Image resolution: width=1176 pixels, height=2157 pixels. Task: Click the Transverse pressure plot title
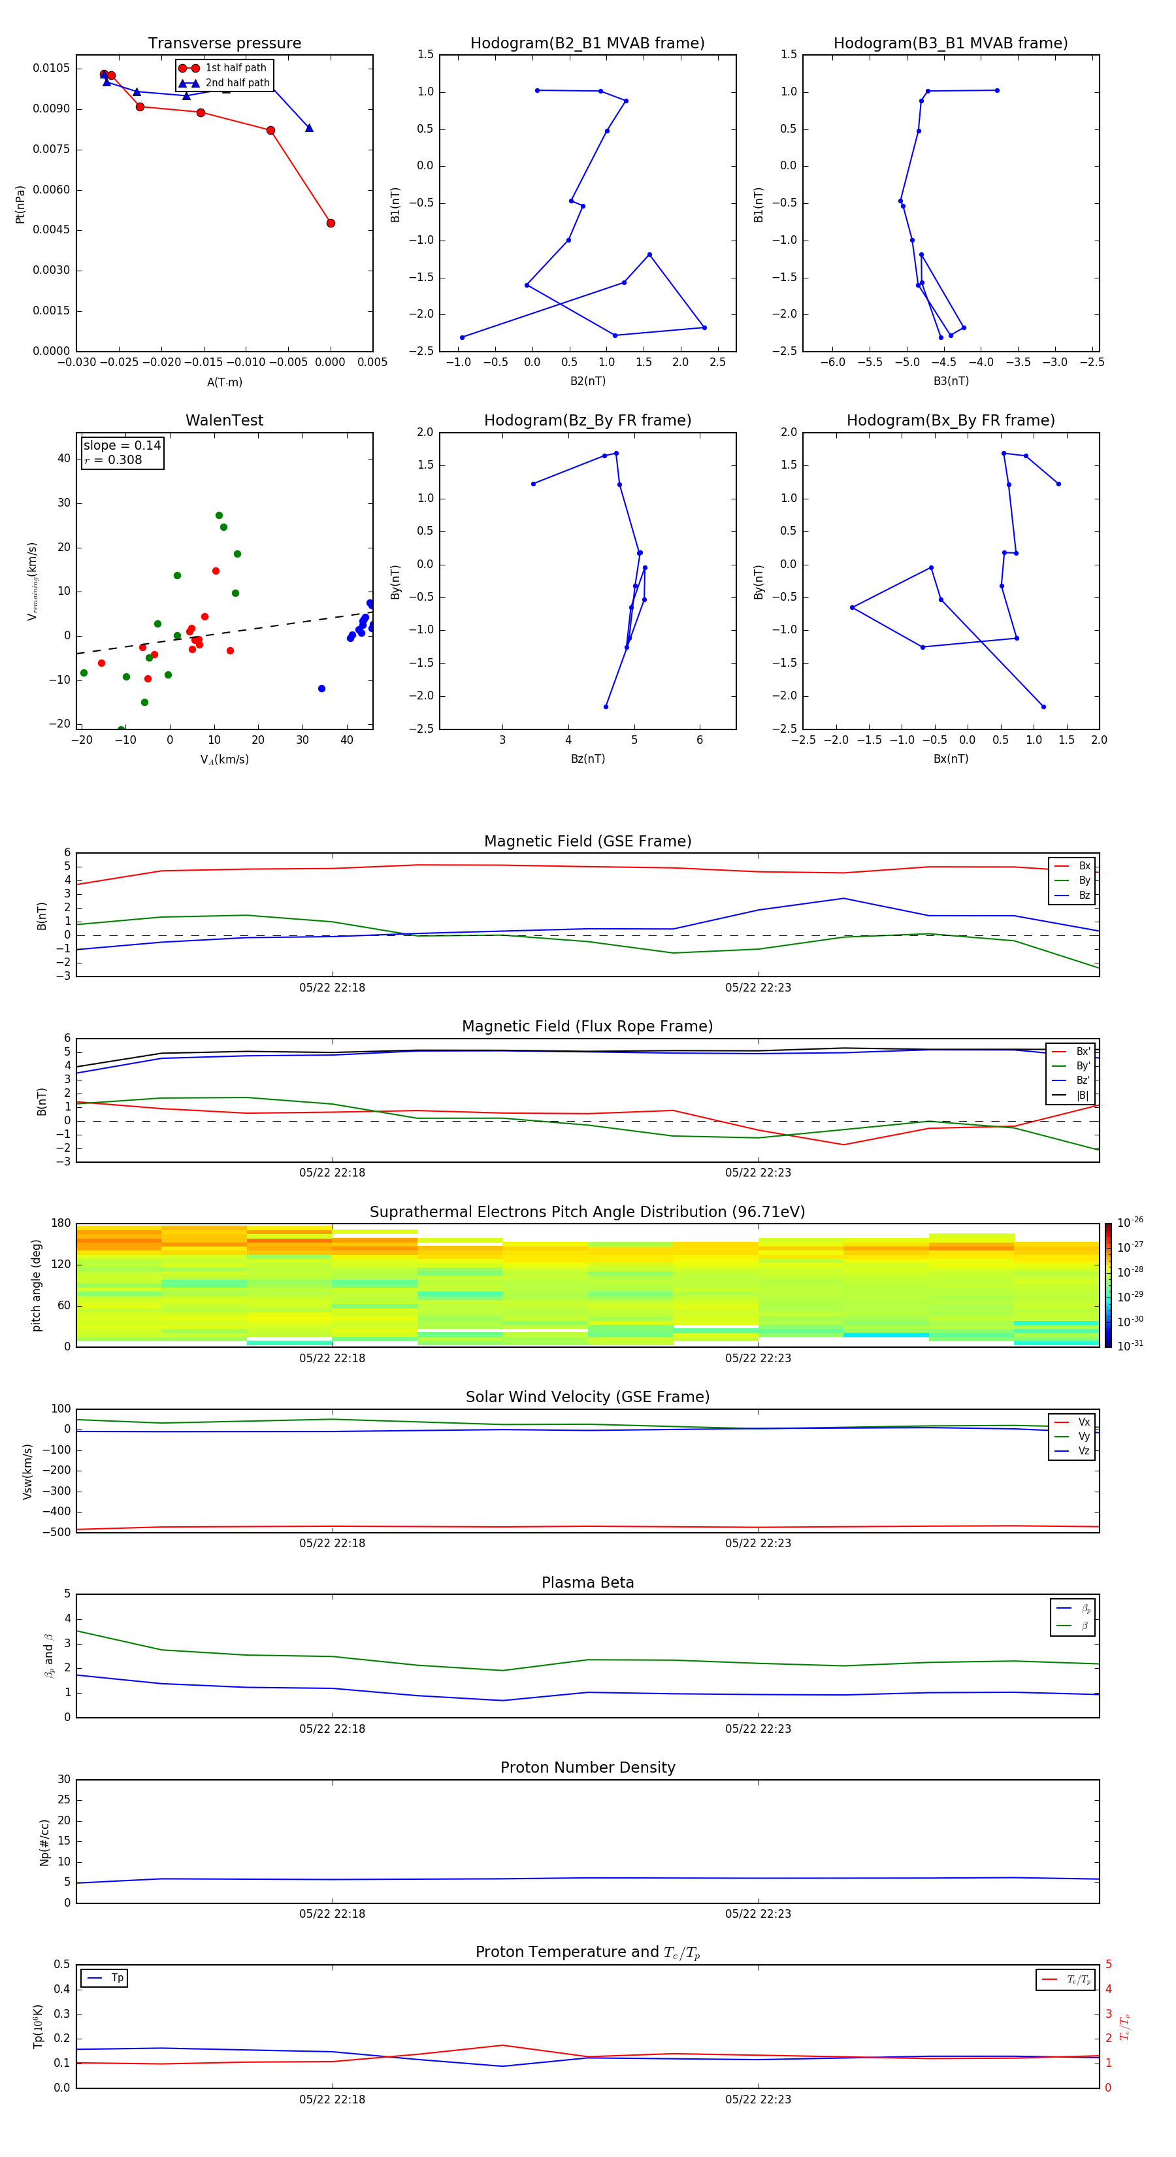[x=224, y=44]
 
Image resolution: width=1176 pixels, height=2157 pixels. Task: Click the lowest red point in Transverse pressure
[x=331, y=224]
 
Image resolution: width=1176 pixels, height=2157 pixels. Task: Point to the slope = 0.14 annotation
[x=122, y=446]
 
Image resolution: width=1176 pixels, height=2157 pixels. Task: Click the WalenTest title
[x=224, y=420]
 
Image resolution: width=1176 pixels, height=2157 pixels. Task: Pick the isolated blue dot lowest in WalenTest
[x=321, y=689]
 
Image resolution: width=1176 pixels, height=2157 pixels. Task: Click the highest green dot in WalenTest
[x=220, y=516]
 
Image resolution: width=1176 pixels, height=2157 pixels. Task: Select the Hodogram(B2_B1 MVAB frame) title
[x=587, y=44]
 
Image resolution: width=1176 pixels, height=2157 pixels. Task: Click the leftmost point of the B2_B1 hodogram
[x=462, y=337]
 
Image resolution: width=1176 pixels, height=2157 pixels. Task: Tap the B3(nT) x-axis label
[x=951, y=381]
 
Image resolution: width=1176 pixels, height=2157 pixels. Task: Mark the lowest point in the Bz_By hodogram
[x=606, y=707]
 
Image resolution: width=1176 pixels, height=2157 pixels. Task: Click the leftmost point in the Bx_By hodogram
[x=852, y=608]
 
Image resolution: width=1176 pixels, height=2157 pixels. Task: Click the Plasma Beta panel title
[x=587, y=1582]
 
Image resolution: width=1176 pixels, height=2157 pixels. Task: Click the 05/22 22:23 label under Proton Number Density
[x=757, y=1913]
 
